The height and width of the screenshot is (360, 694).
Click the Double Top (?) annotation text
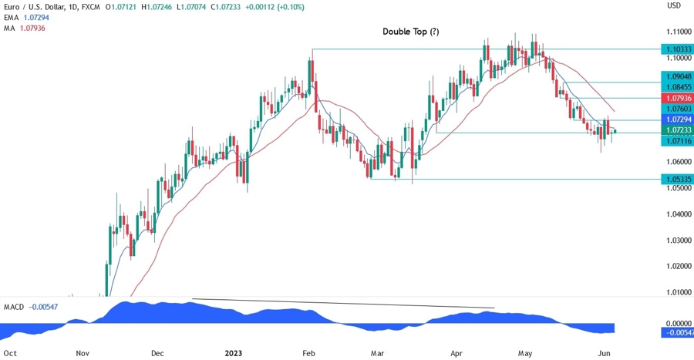pyautogui.click(x=411, y=32)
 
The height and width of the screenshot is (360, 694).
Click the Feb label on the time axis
pyautogui.click(x=308, y=352)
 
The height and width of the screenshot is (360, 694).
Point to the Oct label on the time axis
pyautogui.click(x=10, y=352)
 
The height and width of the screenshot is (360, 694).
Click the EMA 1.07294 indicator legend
pyautogui.click(x=28, y=16)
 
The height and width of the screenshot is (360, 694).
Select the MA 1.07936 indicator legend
pyautogui.click(x=26, y=28)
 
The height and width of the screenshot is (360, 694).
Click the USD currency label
pyautogui.click(x=673, y=5)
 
